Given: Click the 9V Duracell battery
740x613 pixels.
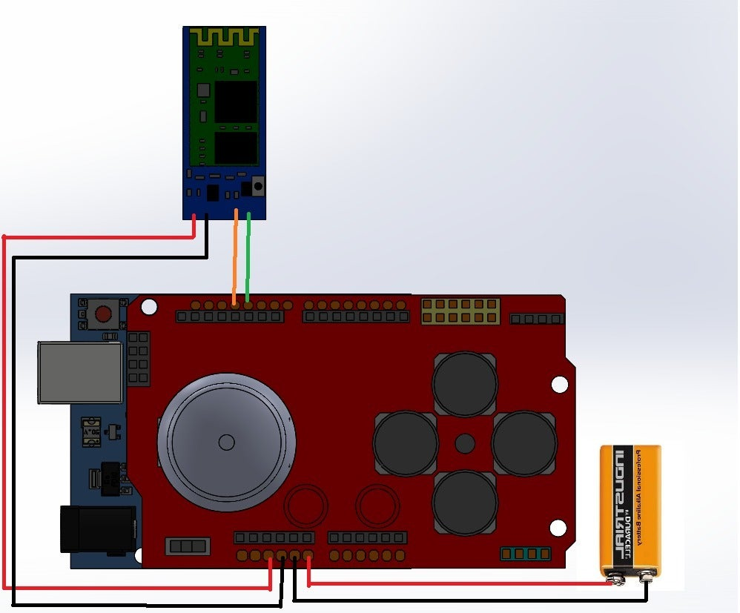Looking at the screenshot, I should pyautogui.click(x=630, y=511).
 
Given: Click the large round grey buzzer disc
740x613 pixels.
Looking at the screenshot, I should pyautogui.click(x=226, y=442).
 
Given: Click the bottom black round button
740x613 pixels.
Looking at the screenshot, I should pyautogui.click(x=465, y=502).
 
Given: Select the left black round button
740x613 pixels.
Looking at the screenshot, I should pyautogui.click(x=406, y=443).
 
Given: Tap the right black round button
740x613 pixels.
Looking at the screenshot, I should pyautogui.click(x=523, y=443).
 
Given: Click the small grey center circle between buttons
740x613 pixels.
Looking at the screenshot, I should pyautogui.click(x=465, y=443).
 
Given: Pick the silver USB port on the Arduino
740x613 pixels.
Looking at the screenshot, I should pyautogui.click(x=80, y=372).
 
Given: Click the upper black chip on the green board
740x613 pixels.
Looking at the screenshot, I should pyautogui.click(x=236, y=101).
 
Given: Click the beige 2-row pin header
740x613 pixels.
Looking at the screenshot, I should pyautogui.click(x=460, y=311).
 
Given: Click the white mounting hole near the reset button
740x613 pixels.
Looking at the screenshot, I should pyautogui.click(x=149, y=305).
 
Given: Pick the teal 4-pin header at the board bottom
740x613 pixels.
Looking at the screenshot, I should pyautogui.click(x=525, y=554).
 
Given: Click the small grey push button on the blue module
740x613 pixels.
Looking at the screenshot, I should pyautogui.click(x=258, y=186).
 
